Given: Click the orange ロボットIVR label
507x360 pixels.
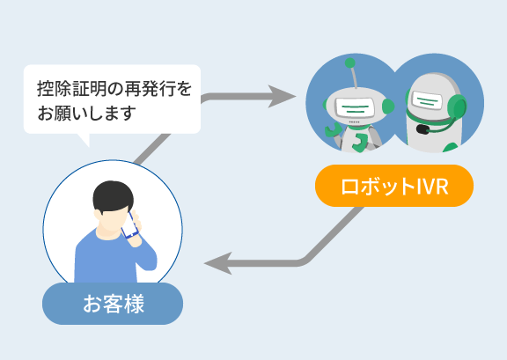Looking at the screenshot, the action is click(x=394, y=186).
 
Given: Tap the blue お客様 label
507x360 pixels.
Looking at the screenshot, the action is click(x=113, y=304).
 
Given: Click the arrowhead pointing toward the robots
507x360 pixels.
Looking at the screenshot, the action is click(x=282, y=97).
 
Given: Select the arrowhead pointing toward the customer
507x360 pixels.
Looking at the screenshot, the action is click(x=218, y=263).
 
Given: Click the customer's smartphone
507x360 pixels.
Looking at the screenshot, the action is click(x=129, y=225).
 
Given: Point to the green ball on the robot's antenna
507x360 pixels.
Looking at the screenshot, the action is click(x=349, y=63).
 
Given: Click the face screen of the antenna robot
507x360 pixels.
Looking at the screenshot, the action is click(x=355, y=107).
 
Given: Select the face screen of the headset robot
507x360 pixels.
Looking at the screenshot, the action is click(x=427, y=100).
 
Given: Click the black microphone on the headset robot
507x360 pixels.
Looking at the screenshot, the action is click(x=422, y=129).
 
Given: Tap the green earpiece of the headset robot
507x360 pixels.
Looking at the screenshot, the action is click(x=457, y=107).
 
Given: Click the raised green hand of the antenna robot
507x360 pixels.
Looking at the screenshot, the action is click(x=333, y=130).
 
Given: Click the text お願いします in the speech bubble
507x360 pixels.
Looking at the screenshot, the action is click(x=86, y=113).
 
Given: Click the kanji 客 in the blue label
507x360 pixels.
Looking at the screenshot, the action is click(x=113, y=304).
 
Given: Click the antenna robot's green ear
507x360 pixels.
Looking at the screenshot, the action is click(x=388, y=107).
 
